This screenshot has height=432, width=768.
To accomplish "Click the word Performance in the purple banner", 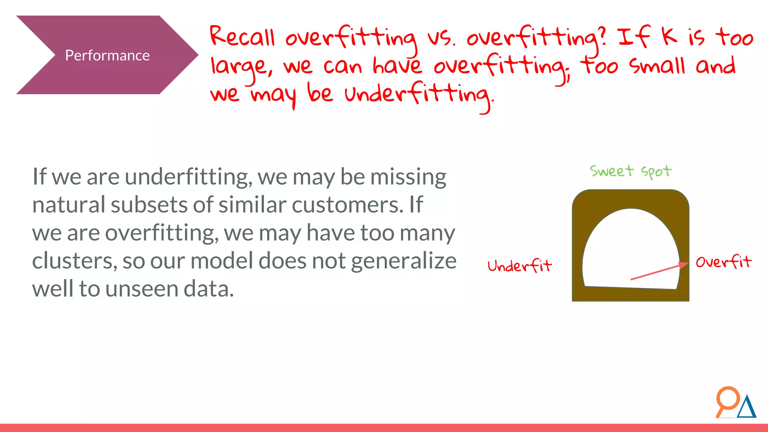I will (107, 55).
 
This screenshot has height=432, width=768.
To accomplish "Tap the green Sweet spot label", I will (630, 171).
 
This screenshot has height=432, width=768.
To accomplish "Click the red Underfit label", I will (519, 266).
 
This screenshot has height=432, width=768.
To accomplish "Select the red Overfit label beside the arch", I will (723, 262).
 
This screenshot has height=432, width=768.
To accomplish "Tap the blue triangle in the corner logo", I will (747, 408).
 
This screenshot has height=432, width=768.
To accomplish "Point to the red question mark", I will (602, 36).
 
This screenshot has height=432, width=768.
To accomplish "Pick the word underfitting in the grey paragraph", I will (188, 177).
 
